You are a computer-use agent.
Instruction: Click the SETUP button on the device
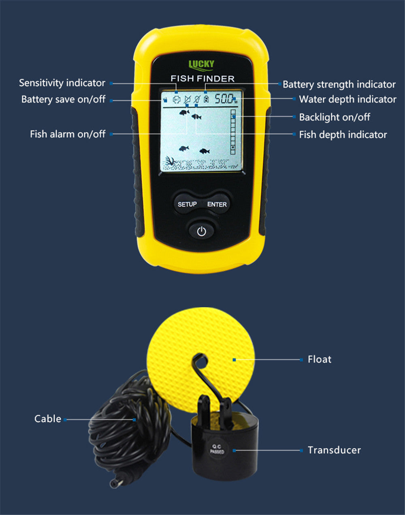tap(187, 204)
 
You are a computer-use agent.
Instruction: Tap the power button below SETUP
tap(202, 232)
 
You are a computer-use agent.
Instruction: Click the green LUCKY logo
tap(201, 64)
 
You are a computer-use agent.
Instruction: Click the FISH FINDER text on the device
tap(202, 79)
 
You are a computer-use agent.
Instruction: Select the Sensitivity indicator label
tap(62, 83)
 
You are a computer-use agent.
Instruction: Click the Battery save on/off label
tap(63, 99)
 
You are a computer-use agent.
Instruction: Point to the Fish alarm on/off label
tap(68, 134)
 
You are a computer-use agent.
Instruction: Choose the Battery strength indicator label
tap(339, 84)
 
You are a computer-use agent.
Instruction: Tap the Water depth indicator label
tap(347, 99)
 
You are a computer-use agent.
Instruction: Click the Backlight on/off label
tap(335, 117)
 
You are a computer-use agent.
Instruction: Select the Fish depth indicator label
tap(343, 135)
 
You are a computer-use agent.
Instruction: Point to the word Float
tap(320, 359)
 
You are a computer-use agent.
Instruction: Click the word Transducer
tap(334, 450)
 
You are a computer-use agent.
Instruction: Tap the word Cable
tap(48, 419)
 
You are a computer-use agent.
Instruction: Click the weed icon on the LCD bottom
tap(170, 162)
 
